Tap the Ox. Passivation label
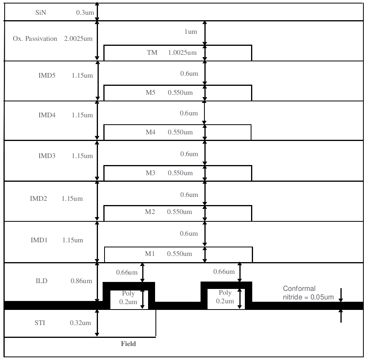coord(35,39)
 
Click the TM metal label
coord(152,53)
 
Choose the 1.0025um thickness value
coord(182,53)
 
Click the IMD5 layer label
coord(47,75)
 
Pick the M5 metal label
coord(151,93)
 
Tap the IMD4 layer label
coord(47,116)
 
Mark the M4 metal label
coord(151,132)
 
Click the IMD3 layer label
coord(47,156)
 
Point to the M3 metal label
coord(151,173)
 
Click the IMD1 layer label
coord(39,240)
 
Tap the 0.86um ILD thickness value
coord(82,281)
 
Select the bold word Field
coord(128,344)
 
